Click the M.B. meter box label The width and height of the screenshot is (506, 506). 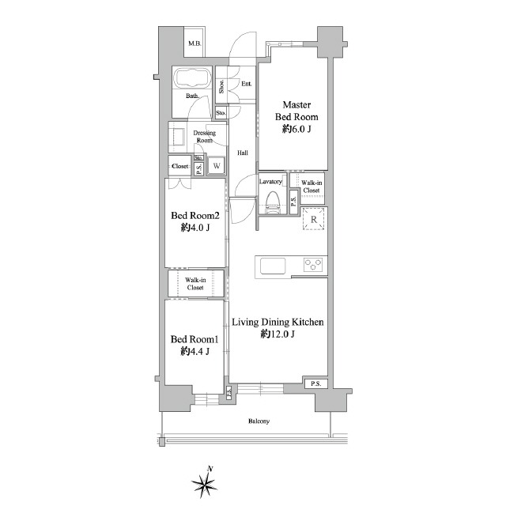(194, 43)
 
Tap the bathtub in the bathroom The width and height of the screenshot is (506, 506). (192, 77)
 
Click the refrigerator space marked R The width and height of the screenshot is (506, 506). (314, 220)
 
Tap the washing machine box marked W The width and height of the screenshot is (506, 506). (217, 166)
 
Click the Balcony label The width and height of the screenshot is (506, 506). (259, 421)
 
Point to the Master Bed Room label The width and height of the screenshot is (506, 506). (296, 111)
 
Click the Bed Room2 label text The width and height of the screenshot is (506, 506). (195, 216)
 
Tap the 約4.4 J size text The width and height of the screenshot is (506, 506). (195, 351)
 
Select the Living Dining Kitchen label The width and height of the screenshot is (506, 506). (278, 322)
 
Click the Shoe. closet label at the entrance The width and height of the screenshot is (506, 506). (221, 86)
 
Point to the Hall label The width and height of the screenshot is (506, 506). (243, 153)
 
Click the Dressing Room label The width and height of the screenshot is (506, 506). (205, 137)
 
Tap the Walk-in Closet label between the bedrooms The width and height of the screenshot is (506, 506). (195, 284)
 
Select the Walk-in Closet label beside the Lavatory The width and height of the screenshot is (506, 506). (312, 187)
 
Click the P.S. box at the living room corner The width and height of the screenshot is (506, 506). (316, 383)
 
